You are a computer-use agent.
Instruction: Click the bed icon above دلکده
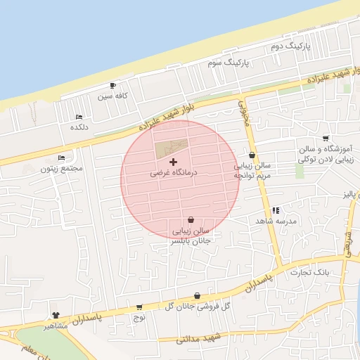78,117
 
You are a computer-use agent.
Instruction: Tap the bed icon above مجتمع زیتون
61,158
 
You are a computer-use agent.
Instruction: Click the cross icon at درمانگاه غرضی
174,162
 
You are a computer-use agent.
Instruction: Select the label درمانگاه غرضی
174,172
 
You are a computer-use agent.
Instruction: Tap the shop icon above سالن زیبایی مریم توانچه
252,155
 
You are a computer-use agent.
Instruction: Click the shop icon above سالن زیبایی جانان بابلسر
191,220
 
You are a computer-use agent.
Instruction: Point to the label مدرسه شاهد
278,221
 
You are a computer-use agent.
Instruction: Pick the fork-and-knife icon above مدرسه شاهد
276,210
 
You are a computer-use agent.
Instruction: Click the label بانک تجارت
329,271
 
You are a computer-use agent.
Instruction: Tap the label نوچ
139,317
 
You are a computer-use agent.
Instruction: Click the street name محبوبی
245,113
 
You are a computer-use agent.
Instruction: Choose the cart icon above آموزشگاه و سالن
325,139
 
